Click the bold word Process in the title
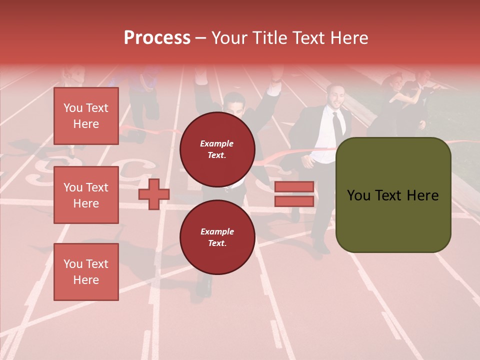pos(157,38)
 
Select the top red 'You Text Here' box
pos(86,116)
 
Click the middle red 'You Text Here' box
pos(86,195)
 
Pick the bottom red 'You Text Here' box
pos(86,271)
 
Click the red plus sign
pos(154,194)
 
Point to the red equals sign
pos(294,194)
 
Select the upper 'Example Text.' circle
pos(217,149)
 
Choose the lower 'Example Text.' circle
pos(217,237)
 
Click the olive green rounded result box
pos(393,195)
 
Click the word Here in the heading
pos(349,38)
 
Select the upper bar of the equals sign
pos(294,187)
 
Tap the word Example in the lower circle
pos(217,231)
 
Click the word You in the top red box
pos(72,108)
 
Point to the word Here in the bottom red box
pos(86,280)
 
